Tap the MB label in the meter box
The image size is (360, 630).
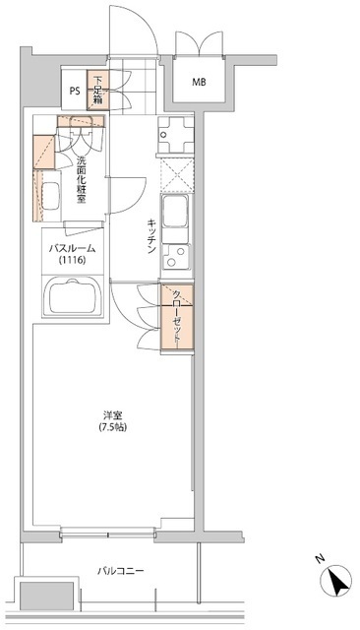(x=200, y=83)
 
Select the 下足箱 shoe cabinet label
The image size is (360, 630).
(x=98, y=90)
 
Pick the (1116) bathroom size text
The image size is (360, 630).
(x=72, y=263)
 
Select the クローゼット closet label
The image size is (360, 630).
(x=177, y=318)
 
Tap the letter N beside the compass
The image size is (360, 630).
(x=319, y=558)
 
